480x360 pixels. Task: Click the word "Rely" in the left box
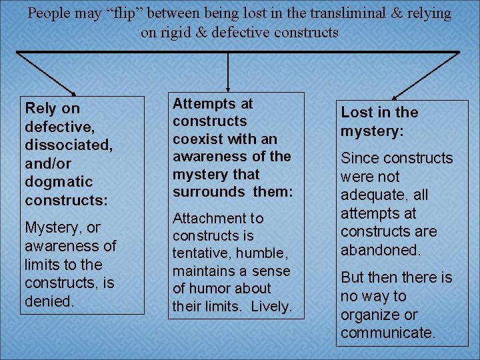pos(41,108)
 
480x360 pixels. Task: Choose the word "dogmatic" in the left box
pos(59,181)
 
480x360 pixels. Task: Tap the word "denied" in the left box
pos(48,301)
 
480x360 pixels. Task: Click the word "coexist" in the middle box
pos(199,139)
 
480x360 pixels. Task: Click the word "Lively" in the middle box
pos(272,306)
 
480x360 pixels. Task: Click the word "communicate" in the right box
pos(388,332)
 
